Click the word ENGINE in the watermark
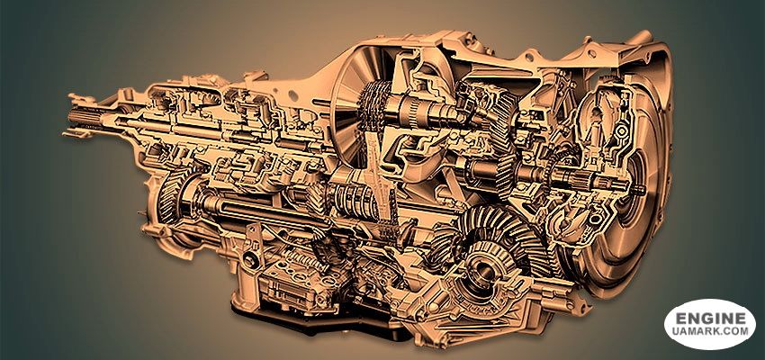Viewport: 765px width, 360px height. (710, 319)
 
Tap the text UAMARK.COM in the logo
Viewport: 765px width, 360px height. (710, 330)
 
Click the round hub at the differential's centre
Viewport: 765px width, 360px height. (485, 267)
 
